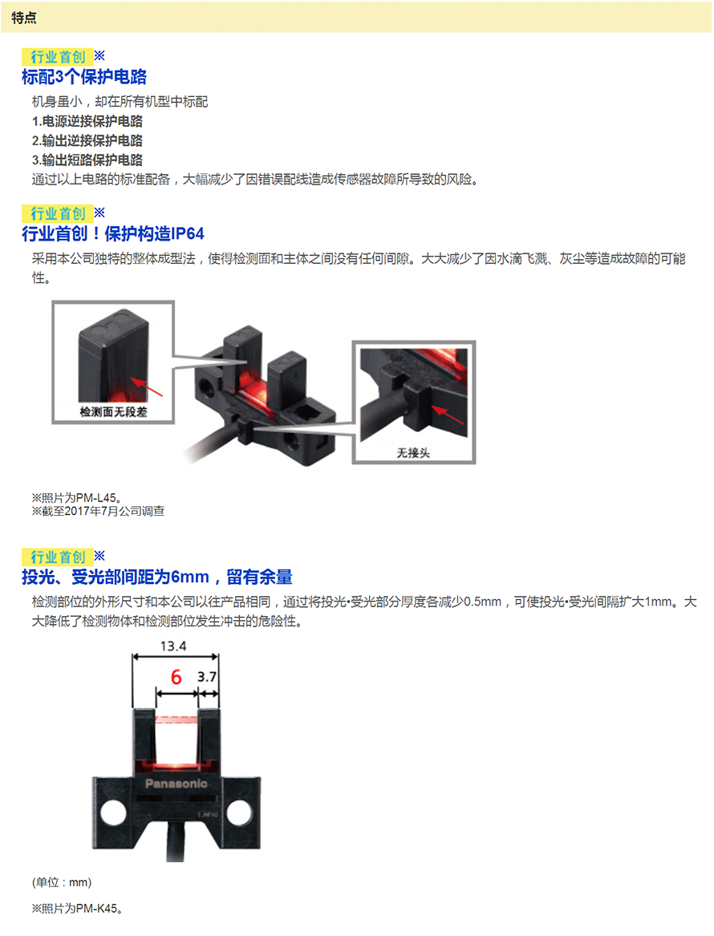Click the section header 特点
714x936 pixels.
coord(24,18)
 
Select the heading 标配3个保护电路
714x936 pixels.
coord(84,77)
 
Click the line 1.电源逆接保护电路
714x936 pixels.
coord(87,121)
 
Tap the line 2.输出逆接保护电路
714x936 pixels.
coord(87,140)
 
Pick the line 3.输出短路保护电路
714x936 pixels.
coord(87,160)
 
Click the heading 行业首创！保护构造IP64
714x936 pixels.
coord(113,234)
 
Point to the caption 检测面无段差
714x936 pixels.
coord(113,412)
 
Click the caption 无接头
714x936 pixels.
coord(413,453)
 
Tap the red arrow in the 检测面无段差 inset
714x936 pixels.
coord(146,387)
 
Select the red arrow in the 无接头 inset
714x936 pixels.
coord(448,415)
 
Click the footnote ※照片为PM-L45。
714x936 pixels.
coord(78,498)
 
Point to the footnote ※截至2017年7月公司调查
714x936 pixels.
coord(99,511)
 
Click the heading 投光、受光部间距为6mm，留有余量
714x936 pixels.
coord(157,577)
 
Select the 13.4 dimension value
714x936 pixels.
coord(173,646)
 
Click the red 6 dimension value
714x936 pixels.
coord(176,677)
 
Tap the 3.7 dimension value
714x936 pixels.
coord(206,677)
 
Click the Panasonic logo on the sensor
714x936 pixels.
coord(176,783)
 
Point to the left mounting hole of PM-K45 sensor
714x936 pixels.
coord(113,813)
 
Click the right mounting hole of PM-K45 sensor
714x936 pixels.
coord(239,813)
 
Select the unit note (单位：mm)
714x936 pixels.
coord(62,883)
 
